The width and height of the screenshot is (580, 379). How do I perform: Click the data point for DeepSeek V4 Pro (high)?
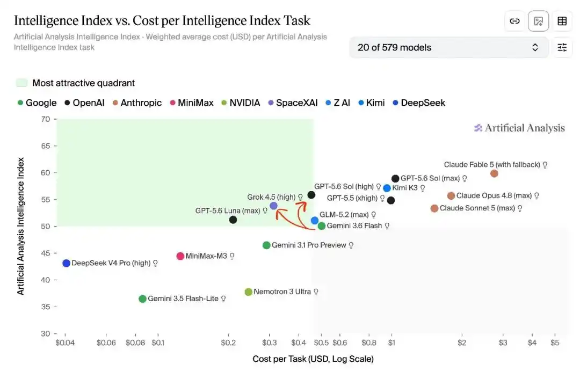[x=66, y=263]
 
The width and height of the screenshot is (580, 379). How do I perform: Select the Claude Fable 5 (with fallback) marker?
[x=494, y=173]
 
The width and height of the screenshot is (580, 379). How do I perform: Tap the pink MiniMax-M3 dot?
[x=180, y=256]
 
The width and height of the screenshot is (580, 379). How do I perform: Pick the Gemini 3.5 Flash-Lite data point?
[x=142, y=299]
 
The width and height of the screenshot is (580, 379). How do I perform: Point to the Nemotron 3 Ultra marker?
[x=249, y=292]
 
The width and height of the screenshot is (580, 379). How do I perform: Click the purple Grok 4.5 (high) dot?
[x=273, y=206]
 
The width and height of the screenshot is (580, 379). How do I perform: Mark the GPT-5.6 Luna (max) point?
[x=233, y=220]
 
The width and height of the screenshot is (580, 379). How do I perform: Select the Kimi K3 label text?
[x=405, y=188]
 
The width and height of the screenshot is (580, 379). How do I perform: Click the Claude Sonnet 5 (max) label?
[x=477, y=208]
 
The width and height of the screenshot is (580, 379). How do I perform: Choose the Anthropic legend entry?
[x=137, y=103]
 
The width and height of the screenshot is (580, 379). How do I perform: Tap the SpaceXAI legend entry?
[x=293, y=103]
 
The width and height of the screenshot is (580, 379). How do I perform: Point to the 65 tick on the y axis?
[x=46, y=146]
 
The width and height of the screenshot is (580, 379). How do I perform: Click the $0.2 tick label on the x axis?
[x=228, y=342]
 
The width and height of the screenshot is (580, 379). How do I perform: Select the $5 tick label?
[x=554, y=342]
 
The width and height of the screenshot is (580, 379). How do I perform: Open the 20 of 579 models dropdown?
[x=448, y=47]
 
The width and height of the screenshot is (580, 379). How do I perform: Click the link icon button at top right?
[x=514, y=21]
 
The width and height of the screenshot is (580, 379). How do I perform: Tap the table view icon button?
[x=562, y=21]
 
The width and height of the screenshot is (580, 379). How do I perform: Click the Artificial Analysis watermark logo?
[x=519, y=128]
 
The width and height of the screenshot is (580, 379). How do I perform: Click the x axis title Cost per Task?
[x=313, y=359]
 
